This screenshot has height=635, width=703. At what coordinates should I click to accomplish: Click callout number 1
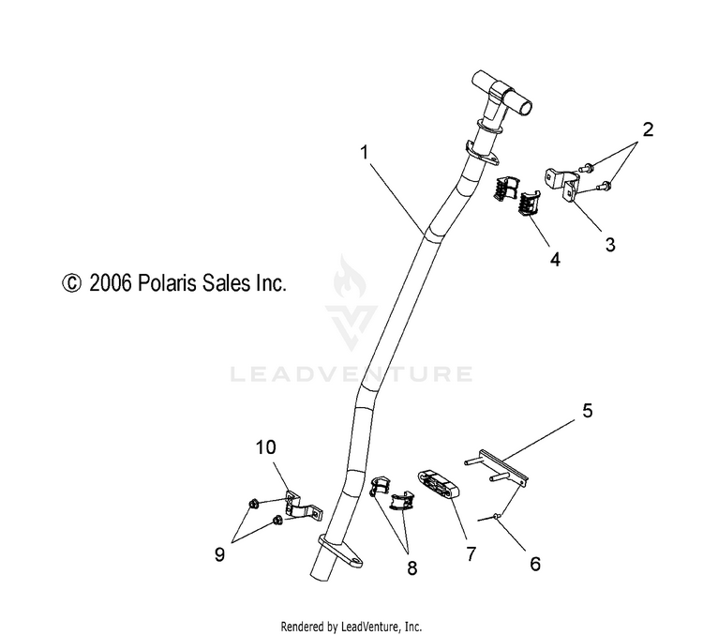[x=364, y=153]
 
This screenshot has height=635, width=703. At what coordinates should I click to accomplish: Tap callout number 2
[x=648, y=129]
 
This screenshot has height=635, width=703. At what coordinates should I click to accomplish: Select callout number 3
[x=610, y=245]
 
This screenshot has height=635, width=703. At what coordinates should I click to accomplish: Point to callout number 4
[x=555, y=260]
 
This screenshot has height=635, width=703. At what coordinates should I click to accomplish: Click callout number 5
[x=588, y=411]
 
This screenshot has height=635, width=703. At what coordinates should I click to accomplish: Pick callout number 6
[x=535, y=564]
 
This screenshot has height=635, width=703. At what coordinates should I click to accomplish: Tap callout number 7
[x=471, y=554]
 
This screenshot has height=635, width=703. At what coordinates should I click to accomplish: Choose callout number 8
[x=412, y=568]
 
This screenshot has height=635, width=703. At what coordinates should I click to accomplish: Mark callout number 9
[x=219, y=555]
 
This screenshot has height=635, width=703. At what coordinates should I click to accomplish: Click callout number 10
[x=266, y=447]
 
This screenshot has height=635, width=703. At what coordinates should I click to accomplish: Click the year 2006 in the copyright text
[x=111, y=283]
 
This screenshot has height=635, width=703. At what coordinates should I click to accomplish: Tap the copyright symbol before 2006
[x=72, y=283]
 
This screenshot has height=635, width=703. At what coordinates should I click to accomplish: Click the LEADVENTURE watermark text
[x=351, y=374]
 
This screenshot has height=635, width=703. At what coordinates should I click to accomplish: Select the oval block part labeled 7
[x=440, y=485]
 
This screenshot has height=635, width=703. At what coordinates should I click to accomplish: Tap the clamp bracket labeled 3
[x=563, y=184]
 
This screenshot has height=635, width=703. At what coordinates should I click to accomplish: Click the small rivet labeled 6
[x=496, y=518]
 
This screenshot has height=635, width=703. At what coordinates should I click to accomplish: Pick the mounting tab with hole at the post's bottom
[x=341, y=552]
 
